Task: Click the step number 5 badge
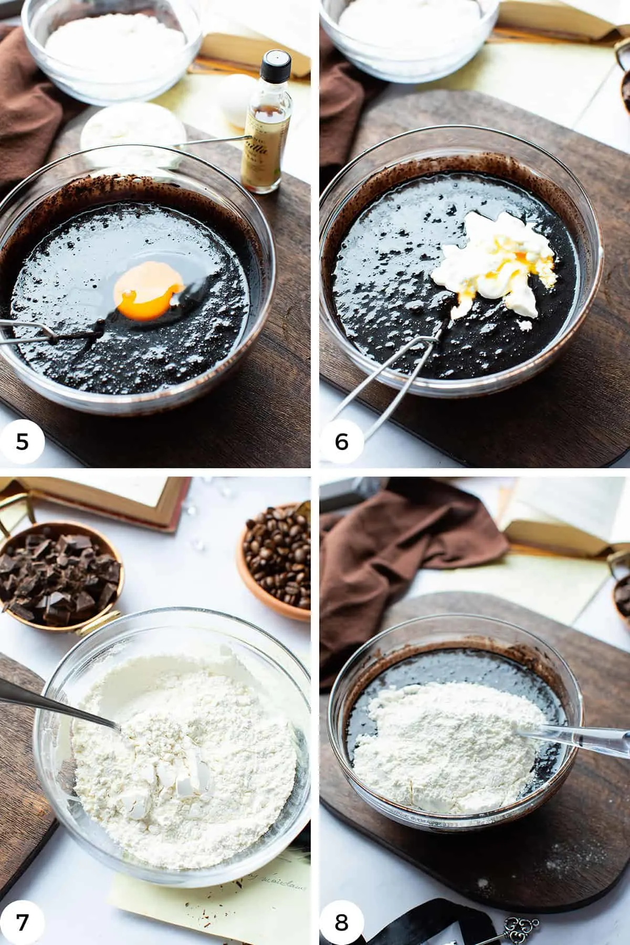click(x=22, y=442)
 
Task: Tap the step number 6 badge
click(x=341, y=442)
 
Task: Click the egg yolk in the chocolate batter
click(x=150, y=291)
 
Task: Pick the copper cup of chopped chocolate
click(x=58, y=583)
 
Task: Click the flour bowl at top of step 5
click(x=113, y=45)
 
